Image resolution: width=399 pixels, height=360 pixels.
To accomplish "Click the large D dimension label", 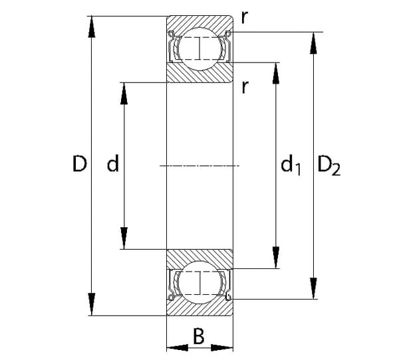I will (80, 164).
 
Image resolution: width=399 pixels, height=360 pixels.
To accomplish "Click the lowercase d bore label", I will (113, 164).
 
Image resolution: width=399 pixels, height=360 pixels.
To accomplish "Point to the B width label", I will (198, 337).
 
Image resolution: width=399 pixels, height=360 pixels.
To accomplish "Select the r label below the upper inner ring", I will (245, 86).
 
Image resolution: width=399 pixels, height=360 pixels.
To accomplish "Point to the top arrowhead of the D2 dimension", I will (312, 40).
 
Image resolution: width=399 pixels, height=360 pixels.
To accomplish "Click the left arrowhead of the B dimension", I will (174, 347).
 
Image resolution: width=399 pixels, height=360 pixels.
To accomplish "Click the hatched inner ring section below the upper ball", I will (199, 73).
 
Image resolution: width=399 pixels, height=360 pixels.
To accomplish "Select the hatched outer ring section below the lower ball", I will (199, 307).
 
